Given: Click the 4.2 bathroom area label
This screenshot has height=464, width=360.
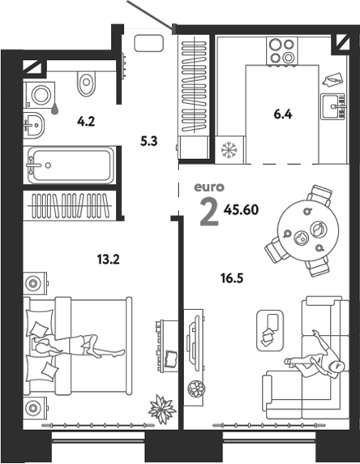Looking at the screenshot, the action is [86, 122].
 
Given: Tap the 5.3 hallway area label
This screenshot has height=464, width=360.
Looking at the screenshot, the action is [149, 141].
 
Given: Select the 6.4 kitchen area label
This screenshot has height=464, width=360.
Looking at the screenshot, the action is [283, 114].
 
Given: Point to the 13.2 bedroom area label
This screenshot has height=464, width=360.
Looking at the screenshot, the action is [109, 260].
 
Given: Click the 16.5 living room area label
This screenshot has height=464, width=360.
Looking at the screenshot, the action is [232, 278].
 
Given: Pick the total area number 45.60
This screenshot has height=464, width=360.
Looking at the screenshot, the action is [241, 210].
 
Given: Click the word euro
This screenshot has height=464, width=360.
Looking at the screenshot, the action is [209, 187].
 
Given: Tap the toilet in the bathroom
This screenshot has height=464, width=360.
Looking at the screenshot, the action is [87, 84].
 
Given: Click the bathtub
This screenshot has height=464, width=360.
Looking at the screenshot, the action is [70, 165].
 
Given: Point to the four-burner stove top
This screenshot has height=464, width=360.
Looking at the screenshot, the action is [282, 50].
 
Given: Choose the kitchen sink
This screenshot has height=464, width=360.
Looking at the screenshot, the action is [333, 106].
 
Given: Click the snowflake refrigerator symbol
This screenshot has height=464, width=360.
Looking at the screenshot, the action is [229, 149].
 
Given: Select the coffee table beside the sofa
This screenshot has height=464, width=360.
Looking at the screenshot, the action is [270, 330].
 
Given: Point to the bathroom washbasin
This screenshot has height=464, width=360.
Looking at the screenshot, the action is [34, 126].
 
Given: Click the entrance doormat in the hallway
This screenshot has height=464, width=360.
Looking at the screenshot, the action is [149, 43].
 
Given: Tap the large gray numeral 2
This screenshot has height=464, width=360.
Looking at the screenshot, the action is [209, 212].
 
